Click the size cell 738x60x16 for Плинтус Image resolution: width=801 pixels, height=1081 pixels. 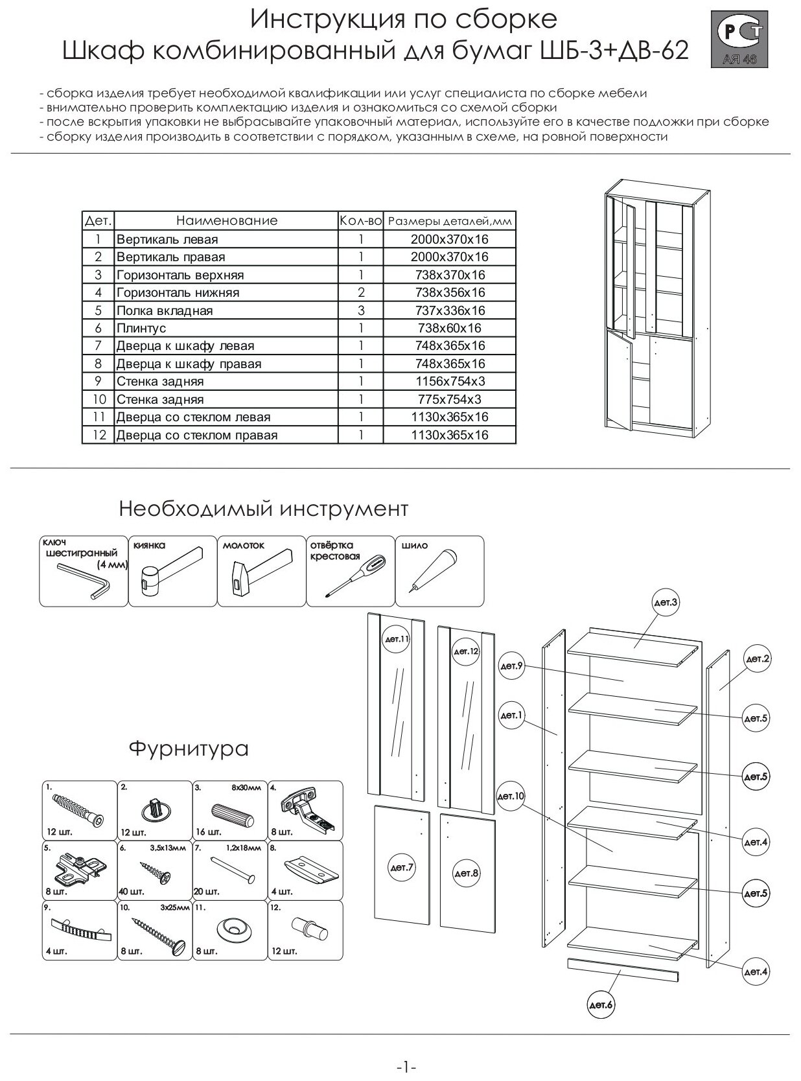[x=449, y=328]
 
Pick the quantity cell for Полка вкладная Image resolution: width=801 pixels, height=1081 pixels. [x=361, y=310]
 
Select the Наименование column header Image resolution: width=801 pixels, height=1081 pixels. [x=226, y=220]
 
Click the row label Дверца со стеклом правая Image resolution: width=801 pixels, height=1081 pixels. [x=197, y=435]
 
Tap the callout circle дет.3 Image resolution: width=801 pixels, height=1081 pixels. [x=665, y=603]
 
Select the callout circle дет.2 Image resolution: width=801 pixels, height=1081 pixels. [x=757, y=659]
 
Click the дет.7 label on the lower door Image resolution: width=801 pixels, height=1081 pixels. [x=401, y=867]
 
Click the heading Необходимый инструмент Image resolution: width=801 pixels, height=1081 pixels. [x=263, y=509]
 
